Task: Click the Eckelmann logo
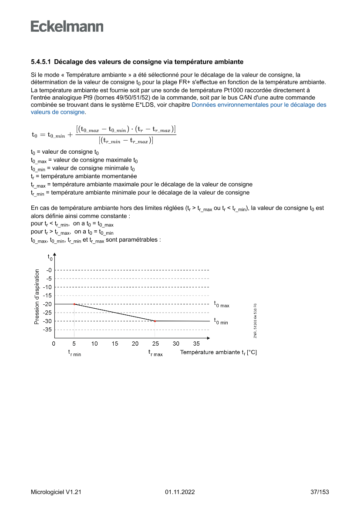pyautogui.click(x=67, y=27)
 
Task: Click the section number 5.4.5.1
pyautogui.click(x=41, y=62)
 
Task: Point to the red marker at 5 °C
pyautogui.click(x=74, y=304)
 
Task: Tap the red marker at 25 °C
pyautogui.click(x=155, y=321)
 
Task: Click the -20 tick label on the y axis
pyautogui.click(x=47, y=304)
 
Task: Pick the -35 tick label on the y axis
pyautogui.click(x=47, y=330)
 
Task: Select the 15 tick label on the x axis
pyautogui.click(x=115, y=344)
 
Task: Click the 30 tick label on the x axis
pyautogui.click(x=176, y=344)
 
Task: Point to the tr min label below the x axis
pyautogui.click(x=74, y=353)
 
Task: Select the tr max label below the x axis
pyautogui.click(x=155, y=353)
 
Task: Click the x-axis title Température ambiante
pyautogui.click(x=218, y=352)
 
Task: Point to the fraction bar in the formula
pyautogui.click(x=126, y=135)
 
